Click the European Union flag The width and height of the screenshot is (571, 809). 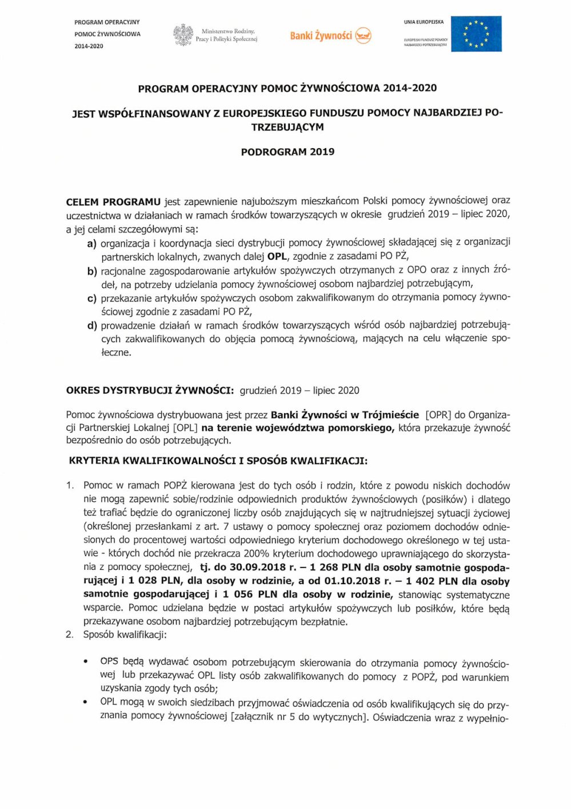(476, 34)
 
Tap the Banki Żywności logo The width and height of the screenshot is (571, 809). (330, 35)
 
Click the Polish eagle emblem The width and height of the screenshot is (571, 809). (183, 35)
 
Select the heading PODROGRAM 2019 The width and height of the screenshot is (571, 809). (288, 152)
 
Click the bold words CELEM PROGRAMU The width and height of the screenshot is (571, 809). (113, 202)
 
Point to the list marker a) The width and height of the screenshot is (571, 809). (91, 244)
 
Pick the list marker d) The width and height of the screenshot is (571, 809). (91, 326)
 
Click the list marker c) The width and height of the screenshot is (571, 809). (91, 299)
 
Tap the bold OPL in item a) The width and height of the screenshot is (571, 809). (277, 256)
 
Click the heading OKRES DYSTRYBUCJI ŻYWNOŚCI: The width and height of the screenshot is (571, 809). (150, 390)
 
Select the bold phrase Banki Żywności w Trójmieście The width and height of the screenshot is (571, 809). (345, 415)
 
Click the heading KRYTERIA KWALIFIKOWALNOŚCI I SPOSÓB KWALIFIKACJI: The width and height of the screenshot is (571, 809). (218, 461)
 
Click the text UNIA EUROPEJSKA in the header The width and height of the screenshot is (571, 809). (424, 22)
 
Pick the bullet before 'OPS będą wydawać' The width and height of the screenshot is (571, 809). (86, 662)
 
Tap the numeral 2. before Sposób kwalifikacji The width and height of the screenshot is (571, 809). (70, 634)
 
